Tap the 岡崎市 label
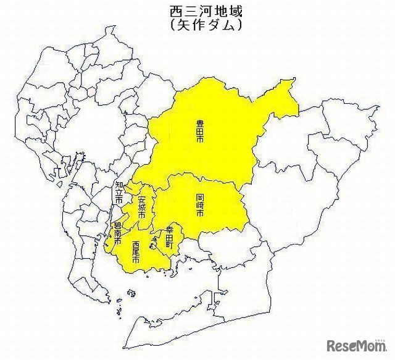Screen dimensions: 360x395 point(199,204)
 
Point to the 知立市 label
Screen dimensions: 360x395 point(118,192)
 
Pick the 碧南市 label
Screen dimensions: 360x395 point(117,233)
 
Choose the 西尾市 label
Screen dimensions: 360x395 point(136,251)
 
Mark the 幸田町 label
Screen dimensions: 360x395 point(170,237)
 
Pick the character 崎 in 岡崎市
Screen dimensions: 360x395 point(199,204)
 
